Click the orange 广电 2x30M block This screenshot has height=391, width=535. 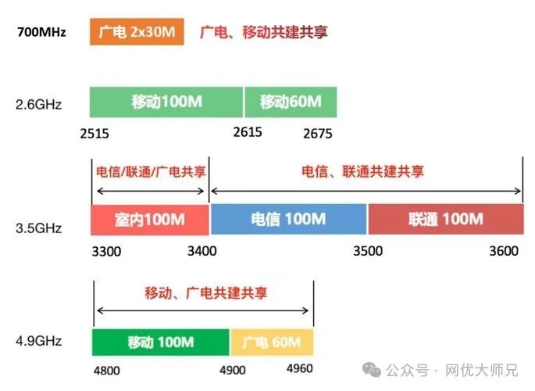(137, 32)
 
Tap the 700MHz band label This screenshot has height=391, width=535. (41, 33)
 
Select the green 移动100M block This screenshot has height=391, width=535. (166, 102)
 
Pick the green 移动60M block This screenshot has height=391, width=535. (291, 102)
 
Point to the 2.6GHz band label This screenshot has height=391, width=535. (38, 103)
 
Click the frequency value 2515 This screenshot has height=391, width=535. (95, 134)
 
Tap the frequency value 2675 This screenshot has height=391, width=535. (318, 134)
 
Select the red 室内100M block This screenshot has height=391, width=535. (150, 219)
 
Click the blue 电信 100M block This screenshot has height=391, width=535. (288, 219)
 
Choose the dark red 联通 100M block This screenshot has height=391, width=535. (445, 219)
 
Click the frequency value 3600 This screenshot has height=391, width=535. (502, 251)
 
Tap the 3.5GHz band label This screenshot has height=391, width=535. (38, 228)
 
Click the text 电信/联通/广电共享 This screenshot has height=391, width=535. (151, 172)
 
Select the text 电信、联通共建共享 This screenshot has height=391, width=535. (363, 172)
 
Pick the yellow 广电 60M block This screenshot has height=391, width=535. (272, 343)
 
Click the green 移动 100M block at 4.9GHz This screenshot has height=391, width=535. (161, 343)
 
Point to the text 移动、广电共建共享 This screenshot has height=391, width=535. (205, 293)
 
